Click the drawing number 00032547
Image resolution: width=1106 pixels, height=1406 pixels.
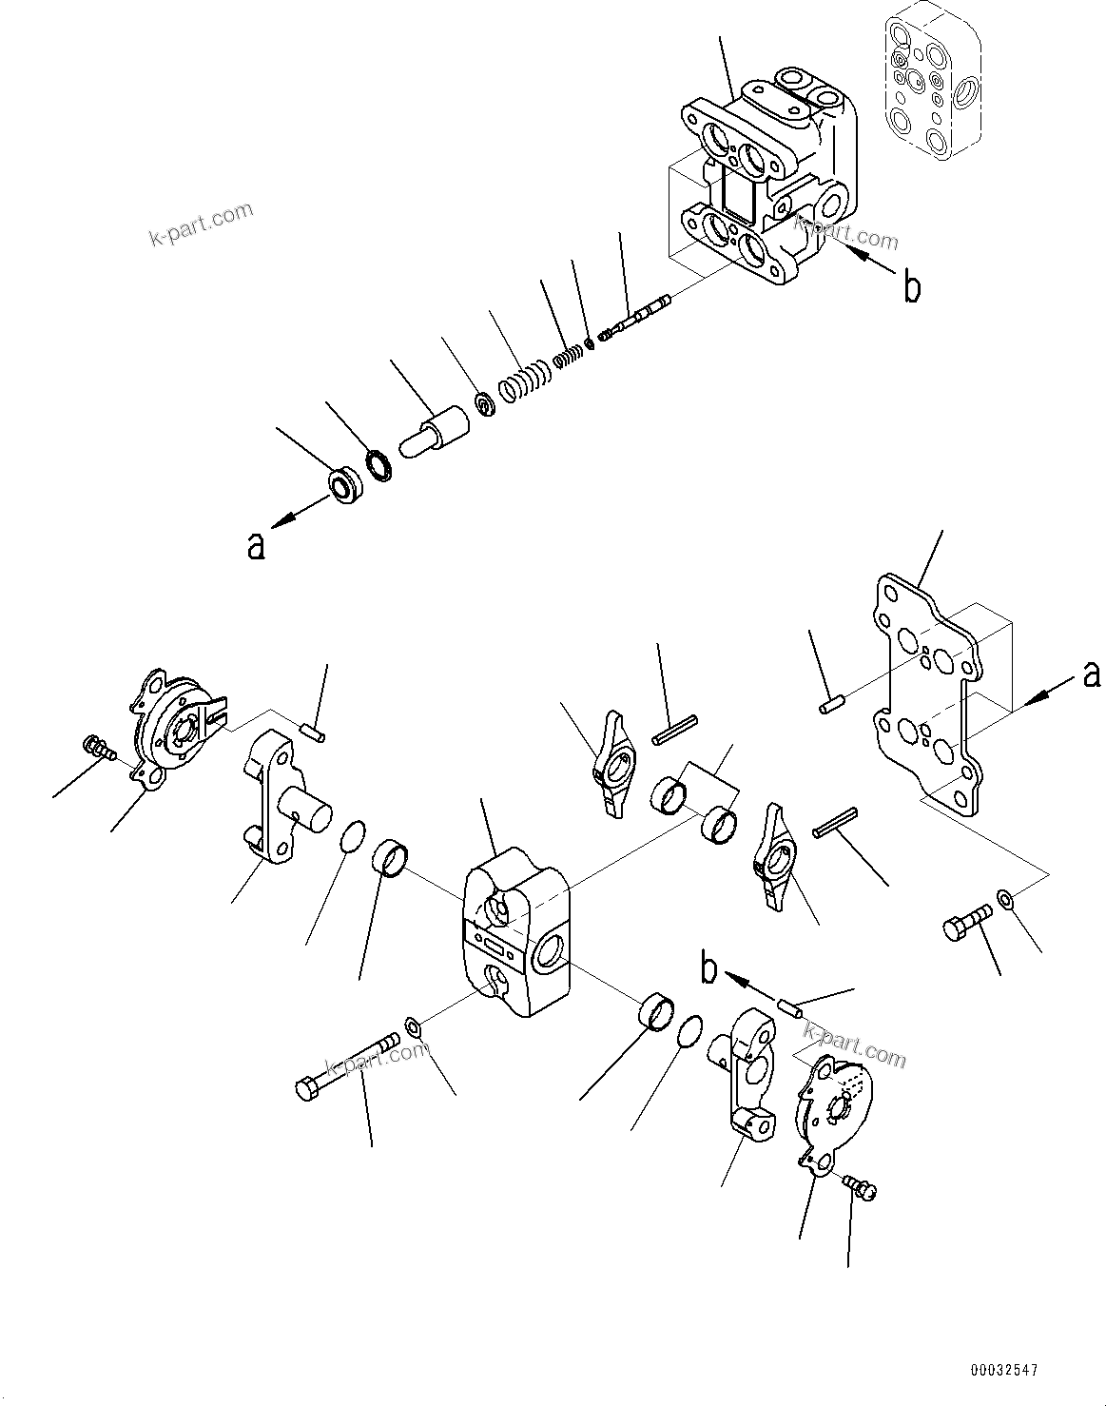tap(1004, 1370)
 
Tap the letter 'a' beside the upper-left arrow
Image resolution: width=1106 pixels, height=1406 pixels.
tap(255, 547)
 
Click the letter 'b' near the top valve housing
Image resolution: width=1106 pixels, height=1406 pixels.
tap(911, 286)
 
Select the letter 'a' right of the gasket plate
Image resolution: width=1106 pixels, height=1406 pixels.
tap(1092, 674)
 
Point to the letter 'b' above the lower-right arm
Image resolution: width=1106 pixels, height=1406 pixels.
tap(708, 969)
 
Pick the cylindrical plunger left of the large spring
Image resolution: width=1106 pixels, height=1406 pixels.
tap(436, 433)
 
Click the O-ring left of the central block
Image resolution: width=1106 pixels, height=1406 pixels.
tap(352, 834)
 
